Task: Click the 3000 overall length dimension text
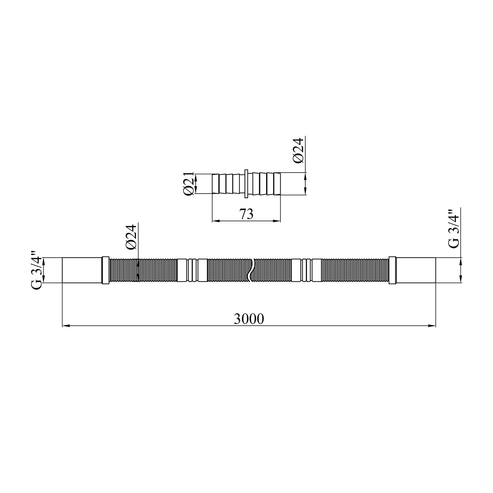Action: coord(249,319)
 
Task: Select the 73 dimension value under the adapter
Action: coord(246,214)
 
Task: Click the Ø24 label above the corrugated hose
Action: coord(131,238)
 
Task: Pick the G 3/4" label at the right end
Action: coord(454,229)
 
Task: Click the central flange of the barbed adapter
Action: coord(246,184)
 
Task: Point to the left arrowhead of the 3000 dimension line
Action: coord(65,326)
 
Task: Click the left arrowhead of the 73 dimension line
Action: coord(215,221)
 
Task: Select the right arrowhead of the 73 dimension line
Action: coord(278,221)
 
